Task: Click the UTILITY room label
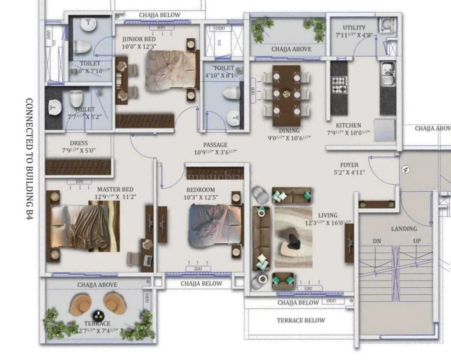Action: coord(354,27)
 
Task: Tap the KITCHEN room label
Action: coord(349,125)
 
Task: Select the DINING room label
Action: coord(289,131)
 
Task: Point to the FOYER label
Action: coord(349,165)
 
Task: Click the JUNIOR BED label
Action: coord(139,39)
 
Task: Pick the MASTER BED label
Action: coord(115,189)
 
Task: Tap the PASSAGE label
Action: coord(215,145)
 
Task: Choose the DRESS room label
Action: coord(79,143)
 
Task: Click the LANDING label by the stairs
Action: coord(404,229)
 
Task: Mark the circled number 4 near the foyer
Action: coord(405,169)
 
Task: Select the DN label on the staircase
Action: coord(377,241)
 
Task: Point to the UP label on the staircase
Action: coord(417,241)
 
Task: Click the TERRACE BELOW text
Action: coord(301,320)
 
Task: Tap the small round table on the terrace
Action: coord(98,315)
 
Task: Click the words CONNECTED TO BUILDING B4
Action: coord(29,164)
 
